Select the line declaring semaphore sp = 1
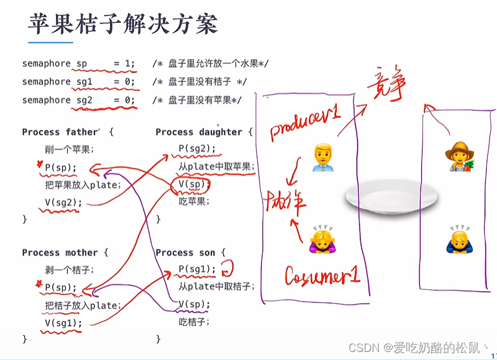coord(78,63)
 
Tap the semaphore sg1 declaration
coord(78,81)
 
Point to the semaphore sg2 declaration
coord(78,100)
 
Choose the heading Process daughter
coord(199,132)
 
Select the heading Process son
coord(186,253)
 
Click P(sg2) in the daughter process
coord(197,148)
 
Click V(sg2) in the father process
coord(63,202)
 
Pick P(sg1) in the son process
coord(197,269)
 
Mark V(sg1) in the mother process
coord(63,323)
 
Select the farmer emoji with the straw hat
coord(458,156)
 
